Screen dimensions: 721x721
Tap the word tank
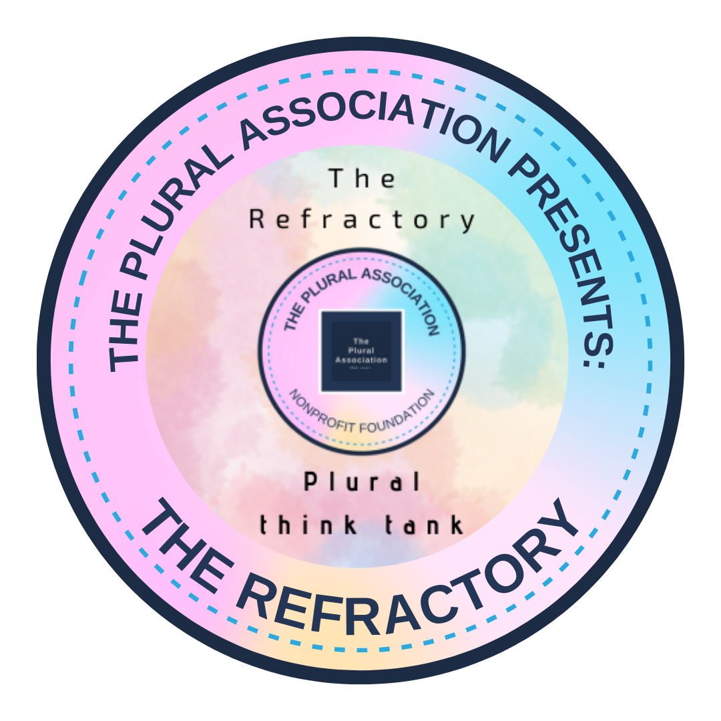tap(428, 525)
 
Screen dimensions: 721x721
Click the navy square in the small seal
tap(362, 350)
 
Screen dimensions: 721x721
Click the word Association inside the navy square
tap(362, 360)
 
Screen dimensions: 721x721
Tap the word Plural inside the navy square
tap(362, 351)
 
